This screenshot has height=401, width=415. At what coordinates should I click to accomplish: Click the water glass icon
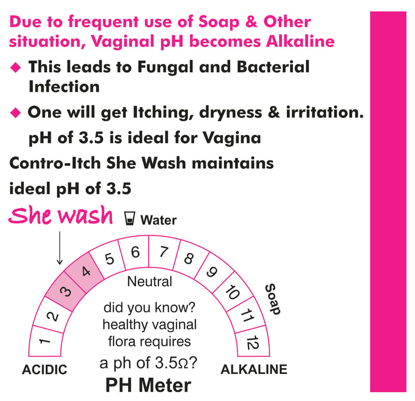click(130, 218)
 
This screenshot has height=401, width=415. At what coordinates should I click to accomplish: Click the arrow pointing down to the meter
click(60, 248)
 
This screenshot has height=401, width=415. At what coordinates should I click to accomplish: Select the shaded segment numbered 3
click(65, 291)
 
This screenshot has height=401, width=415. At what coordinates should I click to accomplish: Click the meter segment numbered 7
click(164, 252)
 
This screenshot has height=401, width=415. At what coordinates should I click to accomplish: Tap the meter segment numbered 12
click(253, 342)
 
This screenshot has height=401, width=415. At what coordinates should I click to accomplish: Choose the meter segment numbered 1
click(46, 341)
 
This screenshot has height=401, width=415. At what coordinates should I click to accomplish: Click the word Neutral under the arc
click(149, 282)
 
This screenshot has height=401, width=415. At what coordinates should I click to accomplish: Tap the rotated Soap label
click(273, 299)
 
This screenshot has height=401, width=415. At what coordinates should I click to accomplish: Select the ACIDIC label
click(45, 369)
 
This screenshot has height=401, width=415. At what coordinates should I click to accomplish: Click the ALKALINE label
click(254, 369)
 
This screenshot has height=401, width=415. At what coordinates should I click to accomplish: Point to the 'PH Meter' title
click(148, 385)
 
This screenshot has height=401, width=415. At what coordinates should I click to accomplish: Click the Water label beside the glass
click(158, 220)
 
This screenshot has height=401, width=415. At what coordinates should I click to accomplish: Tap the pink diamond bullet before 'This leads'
click(16, 67)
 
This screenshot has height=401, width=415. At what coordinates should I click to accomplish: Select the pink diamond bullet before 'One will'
click(16, 113)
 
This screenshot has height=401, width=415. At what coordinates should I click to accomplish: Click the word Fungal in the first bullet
click(165, 67)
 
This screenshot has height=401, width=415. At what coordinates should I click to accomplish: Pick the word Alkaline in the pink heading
click(300, 42)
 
